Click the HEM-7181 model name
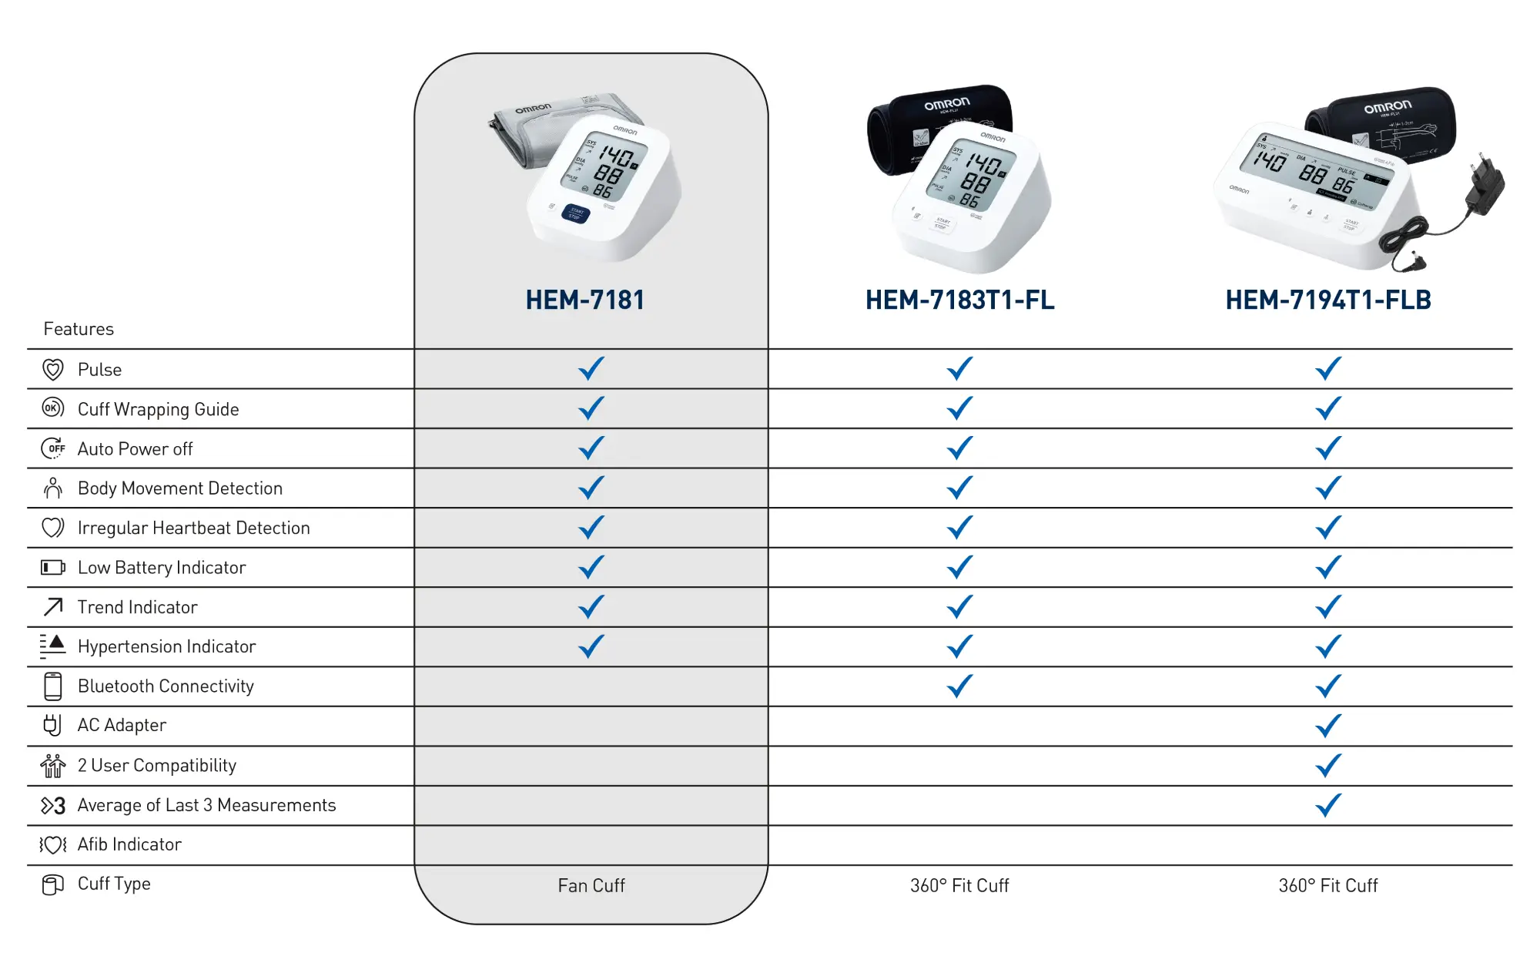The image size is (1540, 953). tap(585, 300)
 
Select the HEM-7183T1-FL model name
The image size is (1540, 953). tap(959, 300)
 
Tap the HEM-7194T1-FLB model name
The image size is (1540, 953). tap(1328, 300)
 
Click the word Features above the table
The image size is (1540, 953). tap(79, 329)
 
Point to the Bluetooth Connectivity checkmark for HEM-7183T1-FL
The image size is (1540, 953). tap(959, 685)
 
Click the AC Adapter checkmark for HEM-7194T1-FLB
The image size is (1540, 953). tap(1328, 725)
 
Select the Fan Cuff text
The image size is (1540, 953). tap(591, 885)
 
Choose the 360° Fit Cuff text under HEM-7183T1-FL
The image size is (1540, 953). tap(959, 885)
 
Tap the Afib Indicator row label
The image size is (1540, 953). tap(129, 844)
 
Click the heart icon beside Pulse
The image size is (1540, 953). tap(52, 370)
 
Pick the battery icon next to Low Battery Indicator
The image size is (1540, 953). tap(52, 568)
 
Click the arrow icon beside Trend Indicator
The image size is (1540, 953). tap(52, 607)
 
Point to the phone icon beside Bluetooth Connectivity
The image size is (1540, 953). tap(52, 686)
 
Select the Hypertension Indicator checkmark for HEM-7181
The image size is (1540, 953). tap(591, 646)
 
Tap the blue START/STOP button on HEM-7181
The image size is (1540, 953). tap(576, 213)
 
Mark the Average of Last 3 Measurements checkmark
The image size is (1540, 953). tap(1328, 804)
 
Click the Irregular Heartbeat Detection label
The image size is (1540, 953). tap(193, 528)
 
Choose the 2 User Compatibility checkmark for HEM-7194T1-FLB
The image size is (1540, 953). tap(1328, 765)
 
